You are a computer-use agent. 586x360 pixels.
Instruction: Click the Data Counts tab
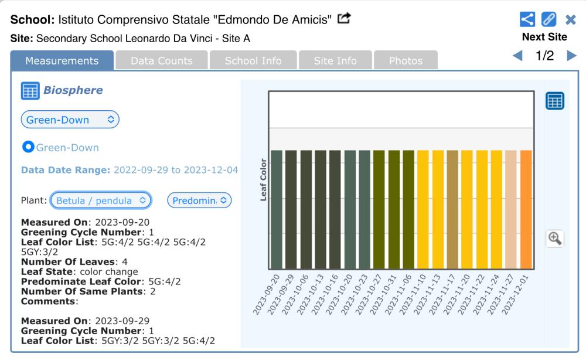tap(162, 60)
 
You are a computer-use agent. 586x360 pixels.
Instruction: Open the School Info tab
tap(253, 60)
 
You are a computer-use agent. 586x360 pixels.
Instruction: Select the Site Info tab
tap(335, 60)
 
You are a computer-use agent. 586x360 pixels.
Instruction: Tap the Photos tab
tap(406, 60)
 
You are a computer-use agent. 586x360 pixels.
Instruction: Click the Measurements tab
tap(62, 60)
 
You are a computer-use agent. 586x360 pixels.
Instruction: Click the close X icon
tap(571, 19)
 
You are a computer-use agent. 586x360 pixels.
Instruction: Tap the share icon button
tap(527, 19)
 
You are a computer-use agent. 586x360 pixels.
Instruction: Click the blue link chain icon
tap(548, 19)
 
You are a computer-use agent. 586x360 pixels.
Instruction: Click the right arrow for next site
tap(571, 55)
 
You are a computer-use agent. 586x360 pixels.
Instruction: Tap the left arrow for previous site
tap(517, 55)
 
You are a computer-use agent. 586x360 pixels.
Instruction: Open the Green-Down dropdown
tap(70, 120)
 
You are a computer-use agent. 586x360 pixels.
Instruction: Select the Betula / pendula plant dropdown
tap(101, 201)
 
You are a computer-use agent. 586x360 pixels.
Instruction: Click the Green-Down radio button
tap(28, 147)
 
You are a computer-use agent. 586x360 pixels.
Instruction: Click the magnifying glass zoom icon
tap(554, 238)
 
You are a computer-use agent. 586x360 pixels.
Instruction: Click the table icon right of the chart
tap(554, 101)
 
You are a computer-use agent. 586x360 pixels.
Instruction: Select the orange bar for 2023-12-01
tap(526, 209)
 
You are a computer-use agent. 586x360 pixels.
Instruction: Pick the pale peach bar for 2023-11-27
tap(511, 209)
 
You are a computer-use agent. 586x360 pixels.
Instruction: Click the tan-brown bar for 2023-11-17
tap(452, 209)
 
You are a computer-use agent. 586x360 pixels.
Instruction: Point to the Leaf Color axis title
tap(264, 179)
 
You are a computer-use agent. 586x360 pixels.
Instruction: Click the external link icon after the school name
tap(344, 18)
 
